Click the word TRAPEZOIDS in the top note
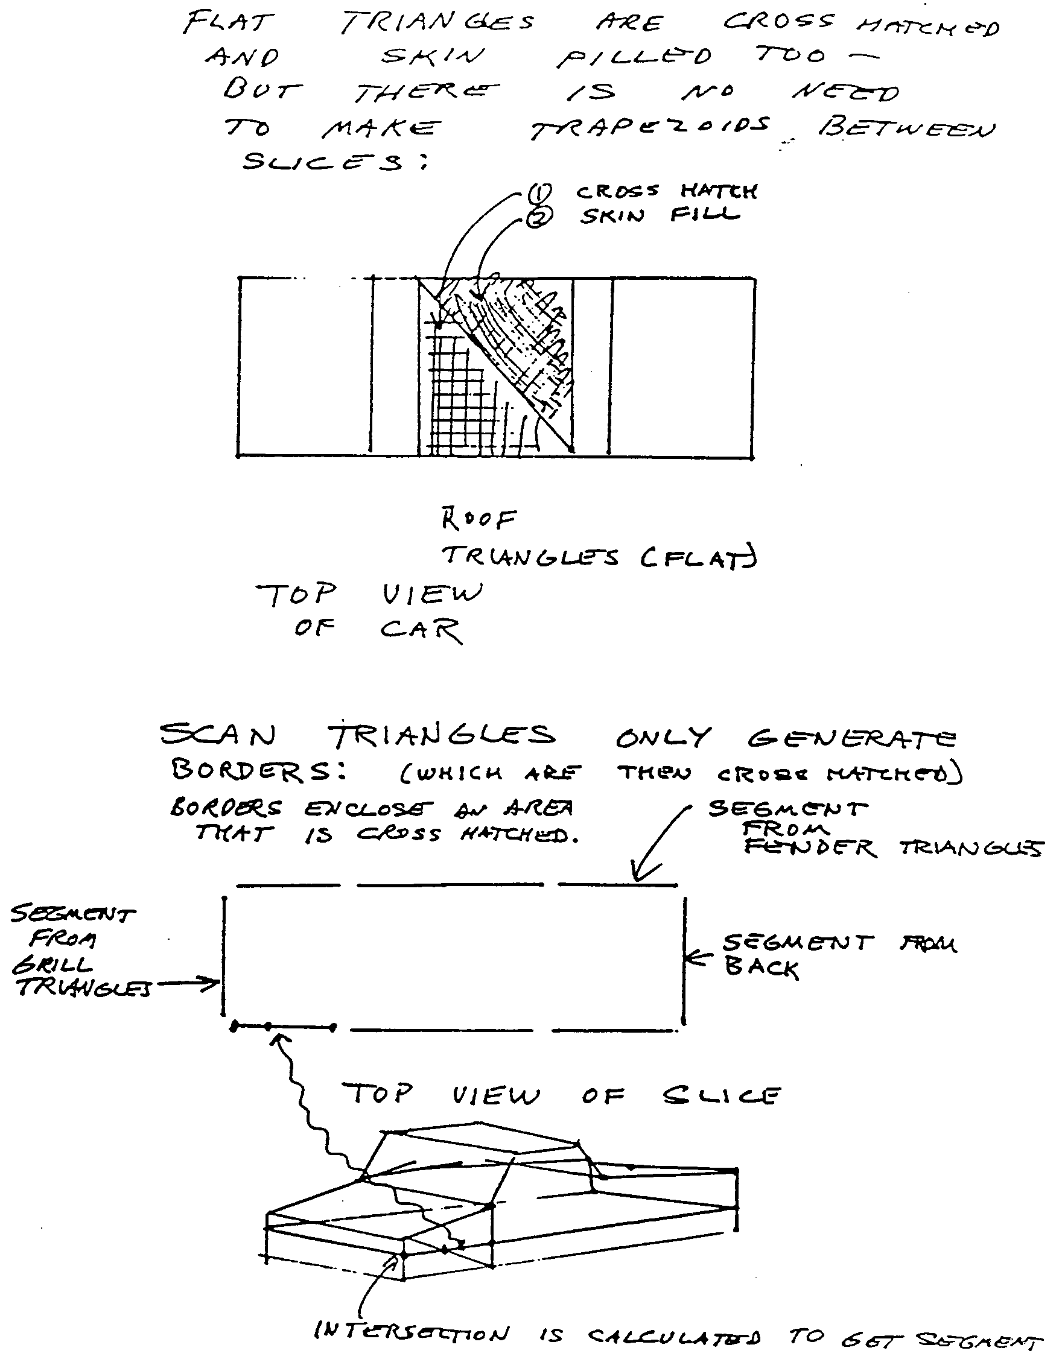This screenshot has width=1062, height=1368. (649, 128)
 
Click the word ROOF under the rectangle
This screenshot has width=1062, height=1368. (479, 519)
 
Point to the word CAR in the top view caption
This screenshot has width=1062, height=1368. (421, 630)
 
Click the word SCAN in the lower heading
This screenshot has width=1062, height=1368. (217, 736)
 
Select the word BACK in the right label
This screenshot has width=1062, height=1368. (762, 967)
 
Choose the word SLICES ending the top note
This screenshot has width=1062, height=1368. (323, 162)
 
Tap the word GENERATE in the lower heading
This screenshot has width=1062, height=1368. (851, 738)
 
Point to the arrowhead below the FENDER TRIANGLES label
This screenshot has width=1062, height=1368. (638, 877)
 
